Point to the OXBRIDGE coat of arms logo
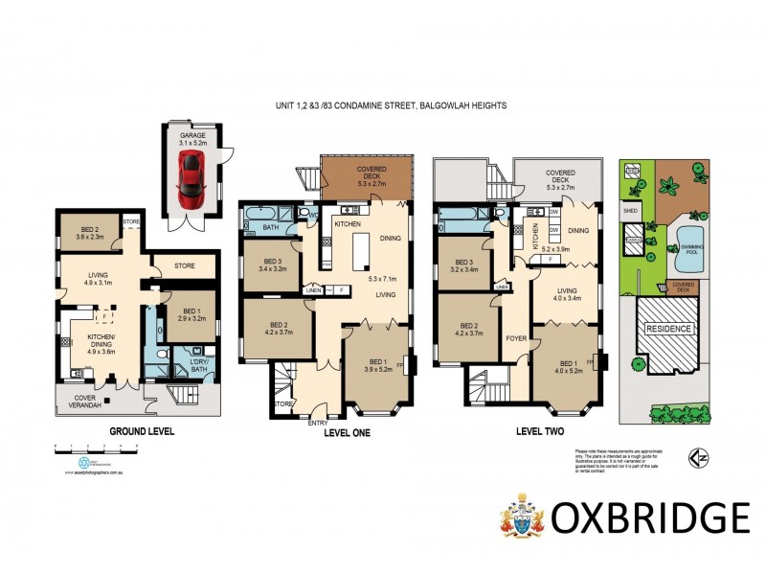523,518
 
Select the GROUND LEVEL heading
141,431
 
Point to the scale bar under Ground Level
95,448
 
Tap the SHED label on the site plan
630,211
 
